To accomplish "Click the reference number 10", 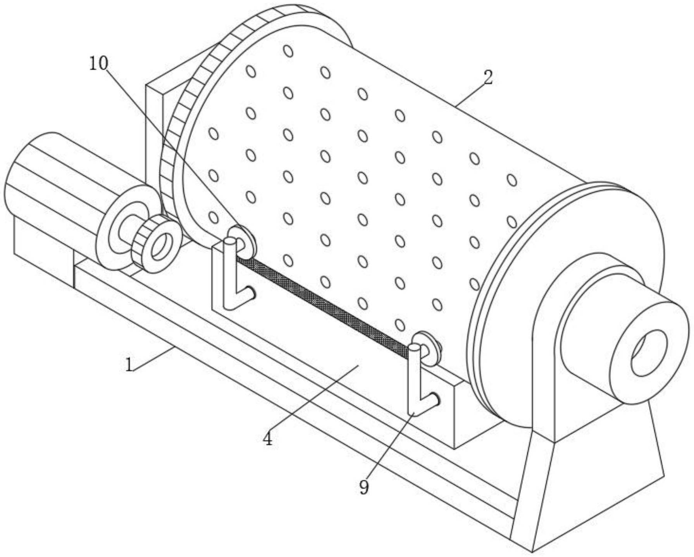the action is tap(98, 64).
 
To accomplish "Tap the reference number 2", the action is tap(488, 77).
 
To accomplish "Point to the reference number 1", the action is tap(129, 364).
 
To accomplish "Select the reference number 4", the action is tap(267, 438).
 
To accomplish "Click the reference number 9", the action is tap(363, 487).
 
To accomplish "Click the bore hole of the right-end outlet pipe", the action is tap(649, 352).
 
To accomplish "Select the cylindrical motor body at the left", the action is tap(50, 186).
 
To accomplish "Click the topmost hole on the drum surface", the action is tap(288, 51).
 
